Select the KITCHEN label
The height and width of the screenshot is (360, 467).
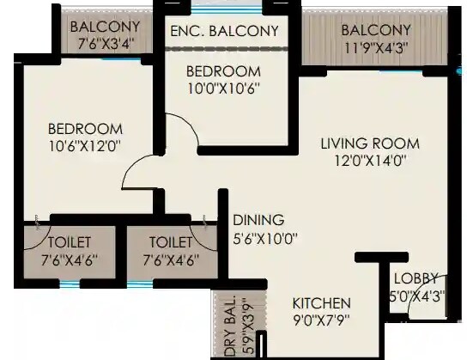321,303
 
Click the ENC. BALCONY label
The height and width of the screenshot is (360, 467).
224,31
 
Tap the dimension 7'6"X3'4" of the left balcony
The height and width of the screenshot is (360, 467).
106,41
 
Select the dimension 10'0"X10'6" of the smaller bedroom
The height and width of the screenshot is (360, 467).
223,87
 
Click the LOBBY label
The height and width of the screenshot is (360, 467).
416,278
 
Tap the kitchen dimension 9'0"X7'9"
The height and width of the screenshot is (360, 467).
321,320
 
